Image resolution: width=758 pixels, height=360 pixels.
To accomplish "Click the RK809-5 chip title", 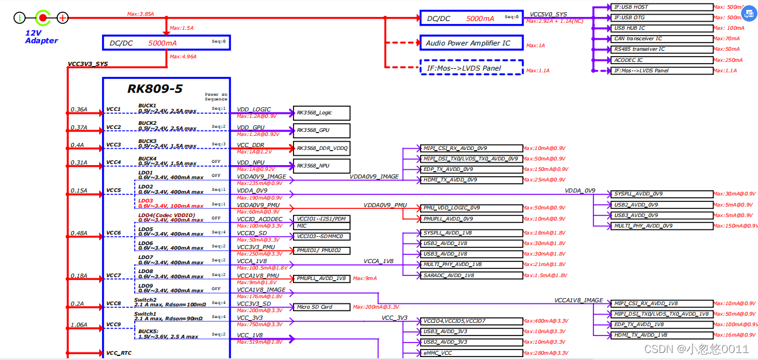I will [155, 89].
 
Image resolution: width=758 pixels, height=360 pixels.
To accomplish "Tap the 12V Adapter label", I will [41, 37].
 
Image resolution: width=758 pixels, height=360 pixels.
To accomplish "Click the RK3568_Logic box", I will [322, 113].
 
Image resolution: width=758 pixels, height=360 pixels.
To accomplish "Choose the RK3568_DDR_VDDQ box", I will [322, 148].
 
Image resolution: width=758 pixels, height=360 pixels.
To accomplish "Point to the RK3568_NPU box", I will [322, 166].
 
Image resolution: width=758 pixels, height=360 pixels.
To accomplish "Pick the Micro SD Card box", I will [322, 307].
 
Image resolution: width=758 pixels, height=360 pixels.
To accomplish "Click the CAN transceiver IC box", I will [662, 39].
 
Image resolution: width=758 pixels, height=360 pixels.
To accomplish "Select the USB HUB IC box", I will [662, 28].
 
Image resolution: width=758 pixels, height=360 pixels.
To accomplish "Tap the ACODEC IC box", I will [662, 60].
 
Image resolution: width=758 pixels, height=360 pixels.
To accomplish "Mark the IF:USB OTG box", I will [662, 18].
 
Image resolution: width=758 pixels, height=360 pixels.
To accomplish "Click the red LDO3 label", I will [145, 201].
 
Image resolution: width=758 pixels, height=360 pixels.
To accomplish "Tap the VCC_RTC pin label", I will [118, 353].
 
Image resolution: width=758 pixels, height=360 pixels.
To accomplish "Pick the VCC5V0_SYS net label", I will [548, 14].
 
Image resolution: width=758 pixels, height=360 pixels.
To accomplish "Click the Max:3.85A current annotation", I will [141, 13].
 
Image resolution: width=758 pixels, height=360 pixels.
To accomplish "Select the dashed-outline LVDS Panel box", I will [471, 68].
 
